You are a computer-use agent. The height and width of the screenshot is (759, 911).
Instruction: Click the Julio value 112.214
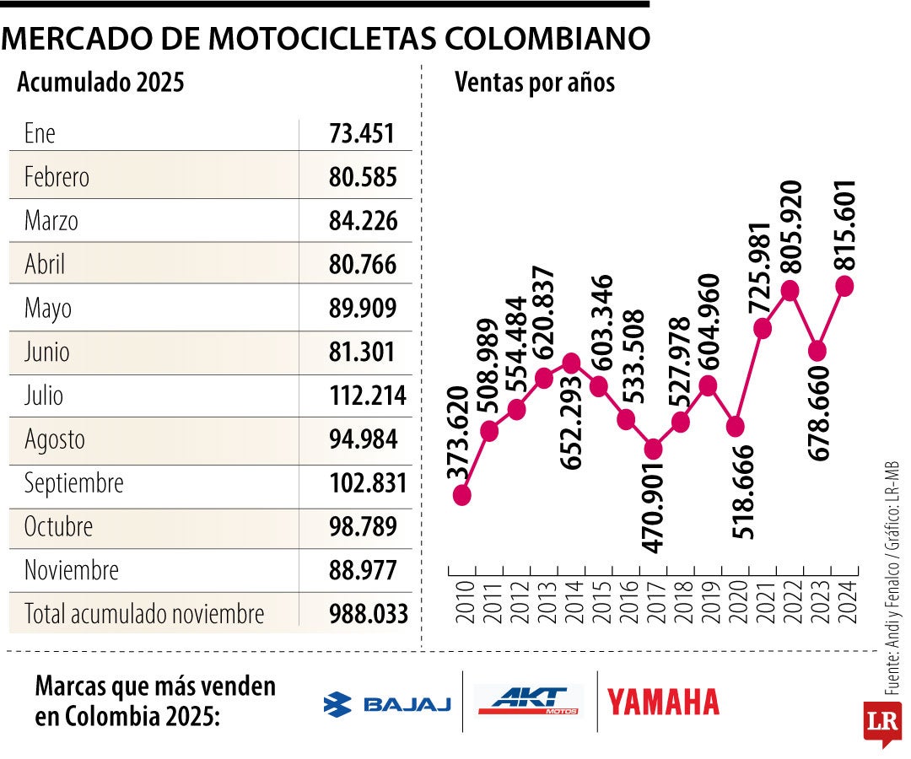(x=368, y=396)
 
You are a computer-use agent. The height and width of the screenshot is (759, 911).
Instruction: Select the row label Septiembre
(x=74, y=483)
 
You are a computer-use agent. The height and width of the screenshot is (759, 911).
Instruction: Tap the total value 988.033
(x=368, y=613)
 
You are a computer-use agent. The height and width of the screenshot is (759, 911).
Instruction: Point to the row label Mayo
(x=48, y=309)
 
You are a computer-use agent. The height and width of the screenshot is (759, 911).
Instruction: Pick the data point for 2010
(x=461, y=495)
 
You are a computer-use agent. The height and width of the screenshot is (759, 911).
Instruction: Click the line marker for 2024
(x=844, y=286)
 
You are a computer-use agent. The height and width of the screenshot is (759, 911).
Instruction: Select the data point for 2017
(x=653, y=449)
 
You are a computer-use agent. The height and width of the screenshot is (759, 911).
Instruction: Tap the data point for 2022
(x=790, y=290)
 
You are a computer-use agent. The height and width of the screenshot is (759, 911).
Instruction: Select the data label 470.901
(x=653, y=507)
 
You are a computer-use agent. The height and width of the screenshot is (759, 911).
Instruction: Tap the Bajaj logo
(x=387, y=704)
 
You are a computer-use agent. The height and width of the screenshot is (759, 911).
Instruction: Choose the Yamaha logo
(x=663, y=702)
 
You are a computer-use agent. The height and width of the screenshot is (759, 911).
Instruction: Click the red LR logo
(x=881, y=722)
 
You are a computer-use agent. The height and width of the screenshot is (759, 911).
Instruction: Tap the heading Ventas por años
(x=535, y=83)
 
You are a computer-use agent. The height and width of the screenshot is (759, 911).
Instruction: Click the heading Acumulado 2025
(x=100, y=83)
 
